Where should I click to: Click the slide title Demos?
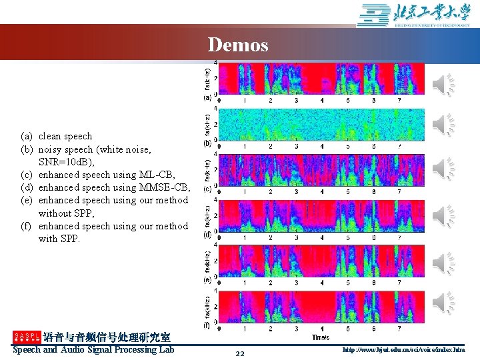pyautogui.click(x=238, y=45)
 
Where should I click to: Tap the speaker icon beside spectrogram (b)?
pyautogui.click(x=445, y=124)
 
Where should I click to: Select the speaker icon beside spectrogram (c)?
pyautogui.click(x=445, y=169)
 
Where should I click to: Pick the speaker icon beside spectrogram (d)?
pyautogui.click(x=445, y=215)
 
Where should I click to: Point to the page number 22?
pyautogui.click(x=240, y=353)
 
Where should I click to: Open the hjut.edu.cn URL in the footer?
pyautogui.click(x=403, y=349)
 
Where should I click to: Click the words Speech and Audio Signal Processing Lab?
pyautogui.click(x=93, y=349)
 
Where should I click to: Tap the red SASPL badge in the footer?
pyautogui.click(x=27, y=337)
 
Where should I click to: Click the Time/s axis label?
pyautogui.click(x=321, y=337)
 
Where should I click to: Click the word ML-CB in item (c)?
pyautogui.click(x=157, y=175)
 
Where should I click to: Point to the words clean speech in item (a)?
pyautogui.click(x=65, y=136)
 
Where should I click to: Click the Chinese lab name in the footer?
pyautogui.click(x=107, y=337)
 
